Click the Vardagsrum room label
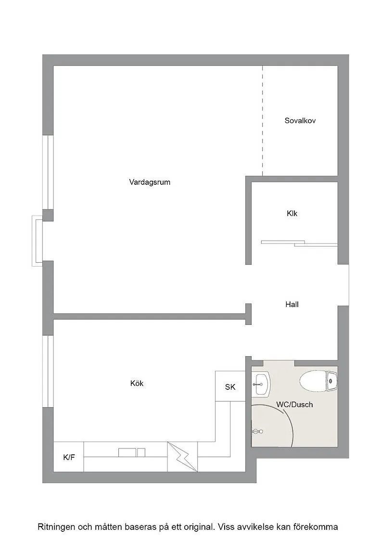[x=150, y=182]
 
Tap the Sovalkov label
[x=300, y=121]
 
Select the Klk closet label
[x=292, y=213]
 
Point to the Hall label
[x=292, y=304]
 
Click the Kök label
[x=137, y=384]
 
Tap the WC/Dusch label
[x=294, y=405]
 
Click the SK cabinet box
[x=230, y=386]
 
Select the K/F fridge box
[x=69, y=457]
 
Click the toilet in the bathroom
[x=319, y=382]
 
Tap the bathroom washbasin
[x=262, y=384]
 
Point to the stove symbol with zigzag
[x=182, y=456]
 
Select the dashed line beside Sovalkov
[x=263, y=120]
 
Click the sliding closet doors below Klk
[x=299, y=243]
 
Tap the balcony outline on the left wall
[x=37, y=241]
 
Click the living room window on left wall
[x=48, y=172]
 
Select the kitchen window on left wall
[x=48, y=371]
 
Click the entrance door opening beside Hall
[x=343, y=284]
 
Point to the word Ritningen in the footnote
[x=56, y=526]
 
